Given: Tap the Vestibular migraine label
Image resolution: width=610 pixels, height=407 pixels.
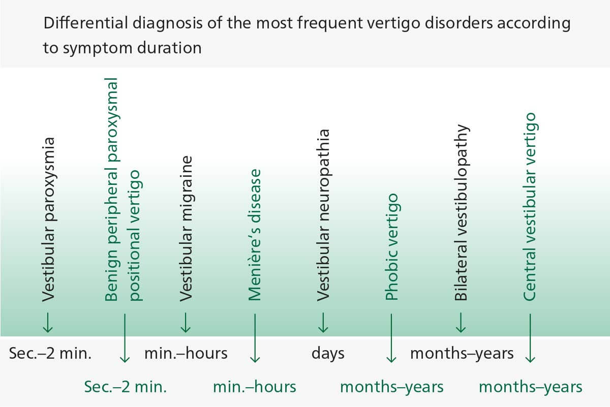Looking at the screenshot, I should coord(186,228).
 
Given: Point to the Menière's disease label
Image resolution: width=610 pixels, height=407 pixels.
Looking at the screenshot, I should coord(254,235).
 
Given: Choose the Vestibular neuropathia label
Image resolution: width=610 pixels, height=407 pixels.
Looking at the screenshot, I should coord(323,215).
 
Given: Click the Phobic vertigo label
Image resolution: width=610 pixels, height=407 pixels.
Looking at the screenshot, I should coord(391,246).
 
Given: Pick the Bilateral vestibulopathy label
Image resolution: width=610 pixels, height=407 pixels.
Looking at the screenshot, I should coord(461,212).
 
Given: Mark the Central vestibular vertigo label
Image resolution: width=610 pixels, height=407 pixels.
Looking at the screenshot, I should coord(530,206).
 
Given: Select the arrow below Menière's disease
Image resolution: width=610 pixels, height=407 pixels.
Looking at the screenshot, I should coord(255,338).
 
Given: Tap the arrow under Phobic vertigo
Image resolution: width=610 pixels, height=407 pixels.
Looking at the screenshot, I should coord(391,338).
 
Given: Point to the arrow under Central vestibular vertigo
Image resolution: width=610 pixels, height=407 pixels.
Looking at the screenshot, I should coord(530,338).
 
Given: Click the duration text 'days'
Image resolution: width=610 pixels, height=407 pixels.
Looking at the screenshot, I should coord(328,353).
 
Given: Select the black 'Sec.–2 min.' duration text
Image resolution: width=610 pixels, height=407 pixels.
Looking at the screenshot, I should coord(50,353).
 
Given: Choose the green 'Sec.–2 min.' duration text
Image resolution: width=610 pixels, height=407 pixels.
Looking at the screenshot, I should coord(125,387).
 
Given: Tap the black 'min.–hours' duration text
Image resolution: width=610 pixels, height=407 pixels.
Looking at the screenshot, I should coord(186,353).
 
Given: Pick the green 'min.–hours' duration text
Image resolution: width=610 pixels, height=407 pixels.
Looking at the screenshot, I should coord(255,387).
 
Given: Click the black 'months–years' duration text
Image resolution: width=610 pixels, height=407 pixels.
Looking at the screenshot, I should coord(462,353).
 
